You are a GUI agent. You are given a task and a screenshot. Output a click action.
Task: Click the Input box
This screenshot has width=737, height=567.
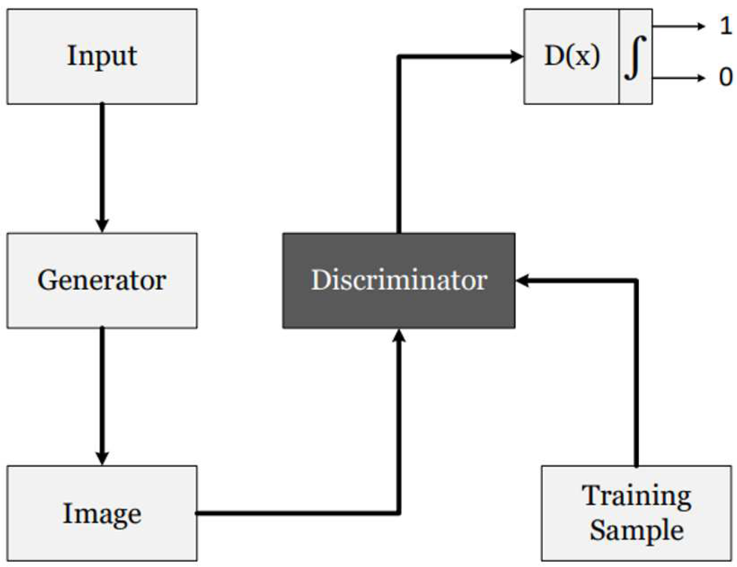tap(102, 56)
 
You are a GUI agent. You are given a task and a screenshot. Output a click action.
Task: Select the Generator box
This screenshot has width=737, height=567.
tap(102, 281)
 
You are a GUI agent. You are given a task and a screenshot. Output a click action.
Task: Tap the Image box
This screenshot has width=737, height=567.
tap(102, 513)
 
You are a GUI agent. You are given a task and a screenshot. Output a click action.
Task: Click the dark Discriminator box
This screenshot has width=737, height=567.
tap(398, 281)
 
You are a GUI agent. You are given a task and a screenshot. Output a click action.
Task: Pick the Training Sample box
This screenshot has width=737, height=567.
tap(636, 513)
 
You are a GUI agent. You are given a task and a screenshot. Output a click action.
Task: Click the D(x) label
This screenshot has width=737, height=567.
tap(572, 56)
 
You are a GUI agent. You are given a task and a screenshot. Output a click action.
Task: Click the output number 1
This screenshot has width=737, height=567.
tap(725, 26)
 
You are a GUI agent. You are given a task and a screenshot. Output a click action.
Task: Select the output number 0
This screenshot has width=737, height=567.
tap(725, 77)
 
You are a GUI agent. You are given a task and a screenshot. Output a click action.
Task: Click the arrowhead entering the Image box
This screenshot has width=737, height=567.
tap(102, 458)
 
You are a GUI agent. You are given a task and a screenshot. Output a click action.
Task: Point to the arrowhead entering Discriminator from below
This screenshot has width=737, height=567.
tap(399, 336)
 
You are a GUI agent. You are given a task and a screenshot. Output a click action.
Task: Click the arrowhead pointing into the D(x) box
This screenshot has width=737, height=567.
tap(517, 56)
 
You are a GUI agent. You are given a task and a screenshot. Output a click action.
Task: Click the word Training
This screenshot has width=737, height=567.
tap(636, 496)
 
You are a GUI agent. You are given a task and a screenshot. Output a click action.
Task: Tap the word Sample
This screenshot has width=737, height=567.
tap(636, 530)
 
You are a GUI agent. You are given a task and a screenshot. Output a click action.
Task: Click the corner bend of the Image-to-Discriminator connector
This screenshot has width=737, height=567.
tap(399, 512)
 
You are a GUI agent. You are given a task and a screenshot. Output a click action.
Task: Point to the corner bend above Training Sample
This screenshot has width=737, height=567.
tap(636, 281)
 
